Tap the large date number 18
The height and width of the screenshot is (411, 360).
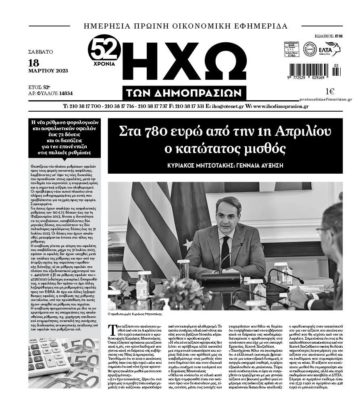34,63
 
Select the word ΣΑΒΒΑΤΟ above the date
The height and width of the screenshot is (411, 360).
41,52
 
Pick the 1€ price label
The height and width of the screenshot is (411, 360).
329,91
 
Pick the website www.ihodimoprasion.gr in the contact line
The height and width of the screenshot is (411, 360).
281,106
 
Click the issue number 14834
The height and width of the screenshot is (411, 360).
66,93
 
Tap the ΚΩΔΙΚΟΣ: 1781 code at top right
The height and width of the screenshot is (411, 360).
329,36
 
